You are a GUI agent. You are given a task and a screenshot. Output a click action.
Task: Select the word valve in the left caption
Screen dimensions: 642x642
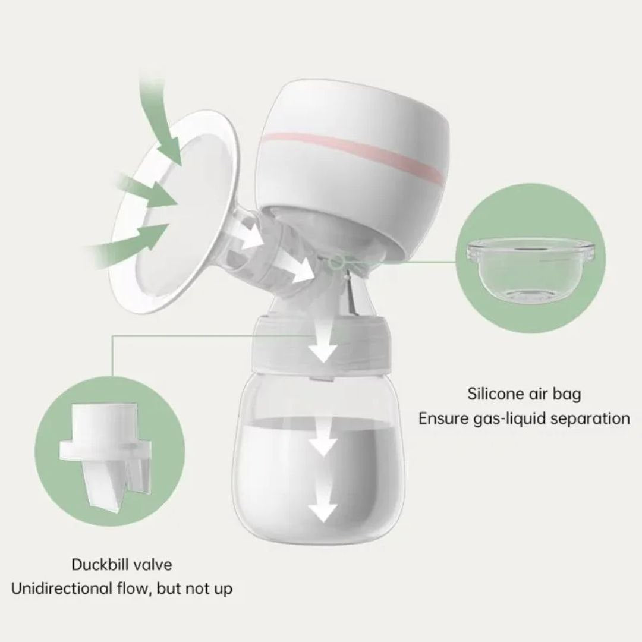(x=152, y=564)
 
